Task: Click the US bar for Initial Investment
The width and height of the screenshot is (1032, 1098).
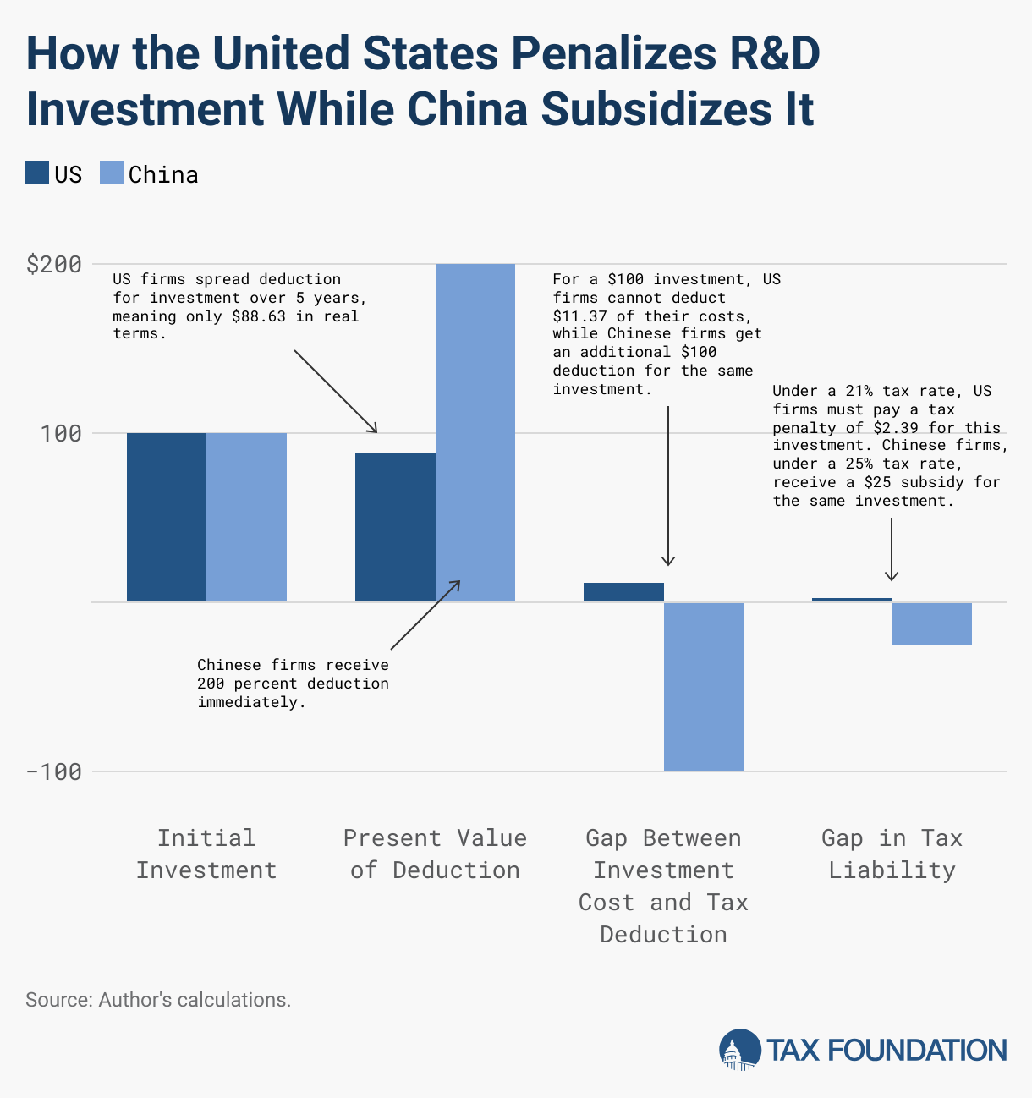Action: coord(167,517)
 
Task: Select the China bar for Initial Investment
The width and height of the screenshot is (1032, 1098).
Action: coord(246,517)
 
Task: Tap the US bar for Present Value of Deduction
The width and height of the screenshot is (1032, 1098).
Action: coord(395,527)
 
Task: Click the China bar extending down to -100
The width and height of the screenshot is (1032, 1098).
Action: coord(704,686)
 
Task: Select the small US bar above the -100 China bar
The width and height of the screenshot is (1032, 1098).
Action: coord(623,592)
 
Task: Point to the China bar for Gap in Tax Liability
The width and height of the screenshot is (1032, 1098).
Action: coord(932,623)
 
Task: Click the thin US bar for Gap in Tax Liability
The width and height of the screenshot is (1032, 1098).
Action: coord(852,600)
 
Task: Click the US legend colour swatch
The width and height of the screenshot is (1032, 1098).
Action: coord(37,173)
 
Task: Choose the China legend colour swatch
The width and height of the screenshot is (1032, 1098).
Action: coord(112,173)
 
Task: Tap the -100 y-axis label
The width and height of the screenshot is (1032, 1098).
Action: coord(54,771)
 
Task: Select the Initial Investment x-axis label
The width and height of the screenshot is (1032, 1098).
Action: coord(206,854)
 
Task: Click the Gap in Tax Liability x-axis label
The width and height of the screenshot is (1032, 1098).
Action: coord(892,854)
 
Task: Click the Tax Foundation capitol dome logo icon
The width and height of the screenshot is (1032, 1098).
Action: coord(739,1050)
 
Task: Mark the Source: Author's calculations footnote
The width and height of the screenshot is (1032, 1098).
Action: coord(158,1000)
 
